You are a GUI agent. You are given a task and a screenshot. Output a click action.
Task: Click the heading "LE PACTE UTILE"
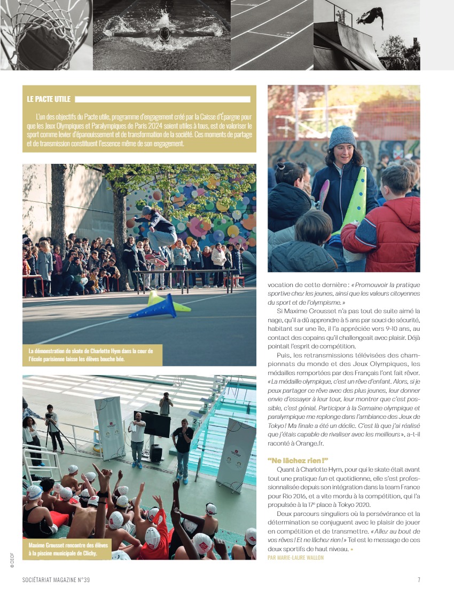tap(49, 99)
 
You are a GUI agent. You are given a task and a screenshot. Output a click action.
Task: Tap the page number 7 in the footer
tap(419, 579)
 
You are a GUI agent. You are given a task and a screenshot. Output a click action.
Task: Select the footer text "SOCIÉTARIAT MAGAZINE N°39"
tap(60, 579)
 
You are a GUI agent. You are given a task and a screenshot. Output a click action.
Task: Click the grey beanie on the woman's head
tap(342, 136)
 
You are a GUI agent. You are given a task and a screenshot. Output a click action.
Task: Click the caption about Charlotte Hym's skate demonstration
tap(91, 355)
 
